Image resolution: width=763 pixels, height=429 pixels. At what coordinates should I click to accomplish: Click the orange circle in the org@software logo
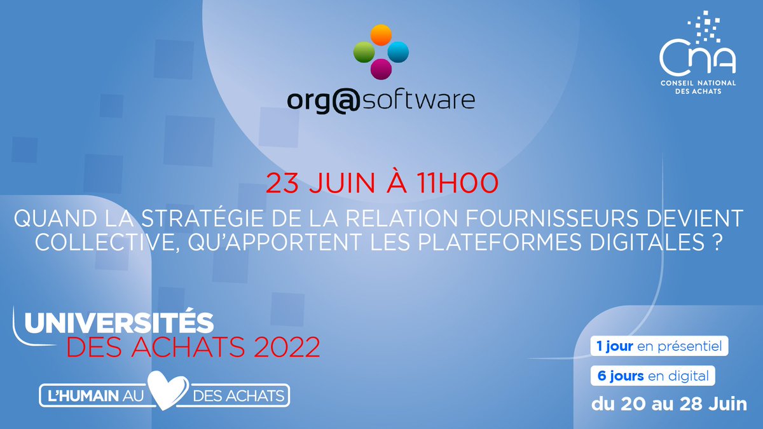(381, 34)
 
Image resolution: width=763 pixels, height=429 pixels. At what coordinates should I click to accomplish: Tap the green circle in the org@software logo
(364, 51)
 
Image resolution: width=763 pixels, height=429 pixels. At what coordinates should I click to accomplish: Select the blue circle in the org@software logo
(398, 51)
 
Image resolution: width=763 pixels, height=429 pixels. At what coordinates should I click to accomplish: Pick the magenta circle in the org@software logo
(381, 69)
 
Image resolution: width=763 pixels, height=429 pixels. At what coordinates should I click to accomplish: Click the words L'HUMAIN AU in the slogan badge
(92, 395)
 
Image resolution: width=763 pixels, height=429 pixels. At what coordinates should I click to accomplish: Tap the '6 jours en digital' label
(653, 376)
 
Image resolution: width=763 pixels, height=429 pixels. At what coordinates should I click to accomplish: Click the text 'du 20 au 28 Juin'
(669, 404)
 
